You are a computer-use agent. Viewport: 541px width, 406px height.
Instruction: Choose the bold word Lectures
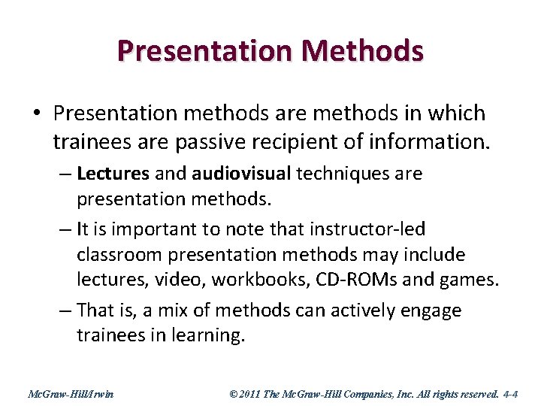113,174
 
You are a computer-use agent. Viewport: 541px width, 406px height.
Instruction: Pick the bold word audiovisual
240,174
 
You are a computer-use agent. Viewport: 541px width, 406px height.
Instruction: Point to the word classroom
121,255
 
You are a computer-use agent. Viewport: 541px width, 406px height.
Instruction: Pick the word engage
430,311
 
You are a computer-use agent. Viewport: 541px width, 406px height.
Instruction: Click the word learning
208,336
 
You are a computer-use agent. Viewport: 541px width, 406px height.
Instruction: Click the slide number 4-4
510,393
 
